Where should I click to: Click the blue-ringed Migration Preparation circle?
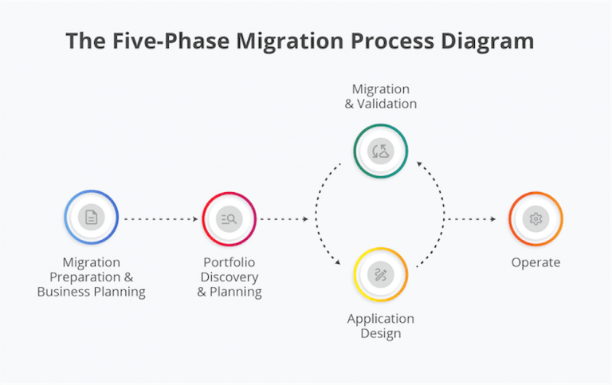click(92, 217)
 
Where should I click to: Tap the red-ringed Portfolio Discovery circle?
click(229, 218)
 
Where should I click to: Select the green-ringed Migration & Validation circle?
click(380, 150)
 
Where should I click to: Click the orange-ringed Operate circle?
click(535, 218)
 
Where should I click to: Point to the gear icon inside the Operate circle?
click(535, 218)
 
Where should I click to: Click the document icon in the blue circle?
click(92, 217)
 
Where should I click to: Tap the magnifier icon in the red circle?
click(229, 218)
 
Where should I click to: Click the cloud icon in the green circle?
click(380, 150)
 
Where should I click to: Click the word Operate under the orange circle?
click(535, 262)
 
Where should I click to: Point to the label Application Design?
click(380, 326)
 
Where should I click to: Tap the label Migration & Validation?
click(380, 96)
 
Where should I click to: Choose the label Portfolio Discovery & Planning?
click(229, 277)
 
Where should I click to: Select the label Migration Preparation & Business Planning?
click(92, 277)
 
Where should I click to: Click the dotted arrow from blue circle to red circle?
click(160, 218)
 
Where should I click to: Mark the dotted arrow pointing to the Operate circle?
click(475, 218)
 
